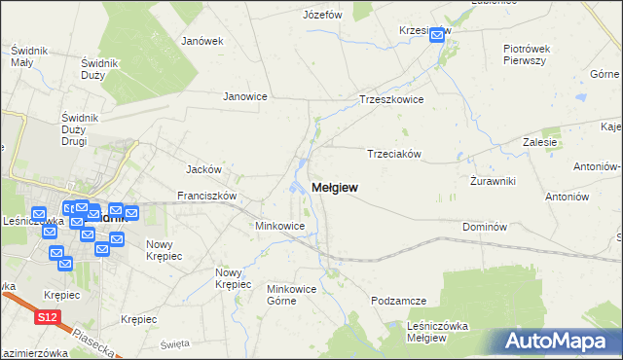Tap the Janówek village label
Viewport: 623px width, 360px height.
202,41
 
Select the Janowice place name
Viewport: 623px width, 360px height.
245,96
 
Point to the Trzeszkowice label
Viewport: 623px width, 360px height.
392,99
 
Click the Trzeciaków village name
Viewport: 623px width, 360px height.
393,153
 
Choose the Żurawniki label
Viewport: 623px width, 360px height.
492,181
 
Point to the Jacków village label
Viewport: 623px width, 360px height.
205,168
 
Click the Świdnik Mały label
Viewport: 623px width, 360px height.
23,55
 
